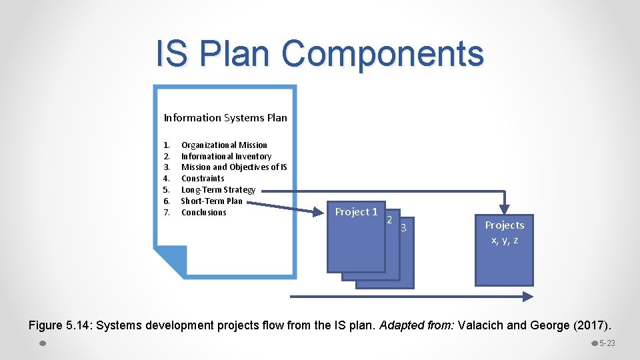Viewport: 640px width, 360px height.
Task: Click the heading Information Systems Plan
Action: tap(225, 118)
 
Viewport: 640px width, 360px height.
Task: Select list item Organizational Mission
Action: tap(224, 145)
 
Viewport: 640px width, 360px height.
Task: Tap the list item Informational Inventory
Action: tap(226, 156)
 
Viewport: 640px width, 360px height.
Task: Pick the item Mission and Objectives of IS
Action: tap(234, 167)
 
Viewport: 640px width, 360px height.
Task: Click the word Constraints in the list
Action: tap(203, 179)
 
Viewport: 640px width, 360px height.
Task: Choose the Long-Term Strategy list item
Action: tap(218, 190)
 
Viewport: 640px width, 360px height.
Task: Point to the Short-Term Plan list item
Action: tap(211, 201)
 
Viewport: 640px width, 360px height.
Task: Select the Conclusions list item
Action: tap(203, 213)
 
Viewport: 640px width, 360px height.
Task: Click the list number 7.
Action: tap(167, 213)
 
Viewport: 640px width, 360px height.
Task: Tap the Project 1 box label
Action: tap(356, 212)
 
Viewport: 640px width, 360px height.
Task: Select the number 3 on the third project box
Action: tap(403, 229)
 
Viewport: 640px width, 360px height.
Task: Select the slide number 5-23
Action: tap(607, 343)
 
